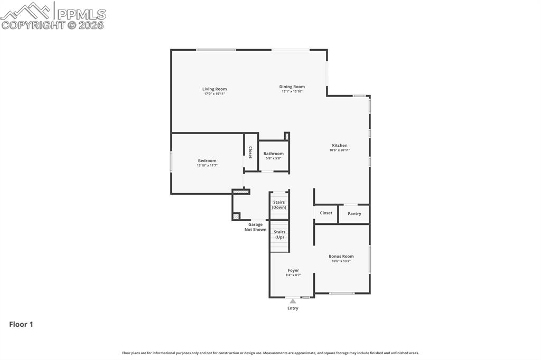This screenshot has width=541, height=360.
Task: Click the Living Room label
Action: pyautogui.click(x=214, y=89)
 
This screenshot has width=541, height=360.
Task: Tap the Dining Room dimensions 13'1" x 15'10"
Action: pyautogui.click(x=292, y=92)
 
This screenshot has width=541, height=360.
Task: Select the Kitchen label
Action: pyautogui.click(x=339, y=145)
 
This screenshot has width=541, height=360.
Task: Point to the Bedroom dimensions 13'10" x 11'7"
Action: pyautogui.click(x=207, y=165)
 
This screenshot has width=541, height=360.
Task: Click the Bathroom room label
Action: pyautogui.click(x=273, y=154)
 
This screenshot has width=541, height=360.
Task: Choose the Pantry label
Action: pyautogui.click(x=354, y=214)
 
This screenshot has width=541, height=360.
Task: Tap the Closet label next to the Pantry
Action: pyautogui.click(x=326, y=213)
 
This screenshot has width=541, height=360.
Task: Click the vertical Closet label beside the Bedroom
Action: pyautogui.click(x=250, y=153)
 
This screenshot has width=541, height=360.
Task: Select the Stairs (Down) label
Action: pyautogui.click(x=279, y=205)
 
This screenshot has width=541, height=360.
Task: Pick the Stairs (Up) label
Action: pyautogui.click(x=279, y=234)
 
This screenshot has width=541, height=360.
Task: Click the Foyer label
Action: pyautogui.click(x=293, y=270)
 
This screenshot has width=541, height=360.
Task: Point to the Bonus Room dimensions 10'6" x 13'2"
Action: pyautogui.click(x=341, y=261)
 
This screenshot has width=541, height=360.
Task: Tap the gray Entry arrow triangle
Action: pyautogui.click(x=293, y=301)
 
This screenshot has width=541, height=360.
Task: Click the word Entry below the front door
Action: pyautogui.click(x=293, y=308)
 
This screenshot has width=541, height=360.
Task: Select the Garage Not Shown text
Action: pyautogui.click(x=255, y=227)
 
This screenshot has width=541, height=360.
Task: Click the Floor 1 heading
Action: pyautogui.click(x=21, y=325)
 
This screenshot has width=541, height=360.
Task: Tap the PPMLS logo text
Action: pyautogui.click(x=81, y=14)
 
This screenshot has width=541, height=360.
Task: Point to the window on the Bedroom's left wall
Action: pyautogui.click(x=171, y=162)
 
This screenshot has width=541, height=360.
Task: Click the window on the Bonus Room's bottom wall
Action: pyautogui.click(x=342, y=293)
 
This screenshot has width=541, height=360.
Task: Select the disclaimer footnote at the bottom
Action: pyautogui.click(x=270, y=353)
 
